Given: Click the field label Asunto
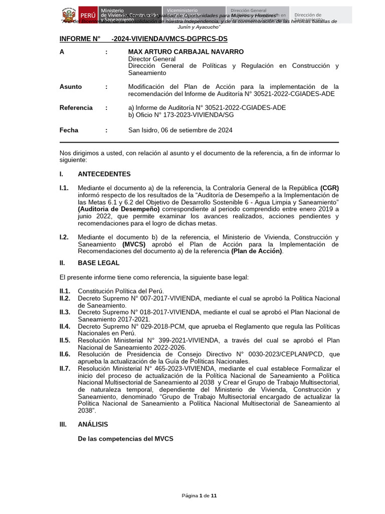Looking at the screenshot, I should (70, 86).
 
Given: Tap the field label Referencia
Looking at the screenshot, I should (76, 107).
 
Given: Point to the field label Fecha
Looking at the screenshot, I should (69, 130).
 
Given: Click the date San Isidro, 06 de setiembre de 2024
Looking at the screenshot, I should (180, 130).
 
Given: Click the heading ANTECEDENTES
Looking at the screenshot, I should (104, 174).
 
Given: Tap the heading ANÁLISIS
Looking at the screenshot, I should (93, 424).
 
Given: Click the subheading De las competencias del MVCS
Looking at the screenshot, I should (125, 438).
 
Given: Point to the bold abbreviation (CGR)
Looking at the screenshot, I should (329, 188).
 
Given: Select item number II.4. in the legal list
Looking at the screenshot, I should (65, 326).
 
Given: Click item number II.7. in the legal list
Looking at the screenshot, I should (65, 368).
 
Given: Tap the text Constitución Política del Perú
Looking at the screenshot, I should (121, 291).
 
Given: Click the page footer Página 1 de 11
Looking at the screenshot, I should (199, 496).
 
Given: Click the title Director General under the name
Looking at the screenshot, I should (152, 59).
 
